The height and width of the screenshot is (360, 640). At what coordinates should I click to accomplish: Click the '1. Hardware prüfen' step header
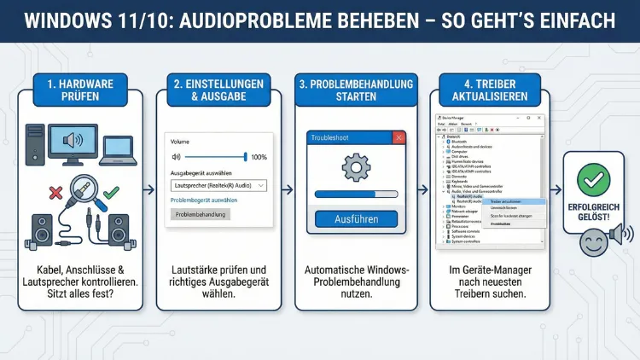pyautogui.click(x=81, y=90)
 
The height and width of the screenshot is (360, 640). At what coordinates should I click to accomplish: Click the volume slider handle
pyautogui.click(x=246, y=157)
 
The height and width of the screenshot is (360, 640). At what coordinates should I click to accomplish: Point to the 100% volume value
pyautogui.click(x=259, y=157)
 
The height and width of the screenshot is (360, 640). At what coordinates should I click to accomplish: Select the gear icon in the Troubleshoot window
pyautogui.click(x=356, y=166)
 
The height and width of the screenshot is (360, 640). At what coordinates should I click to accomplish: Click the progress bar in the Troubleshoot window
pyautogui.click(x=356, y=195)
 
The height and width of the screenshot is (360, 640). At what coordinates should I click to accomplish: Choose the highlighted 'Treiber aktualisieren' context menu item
pyautogui.click(x=512, y=201)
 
